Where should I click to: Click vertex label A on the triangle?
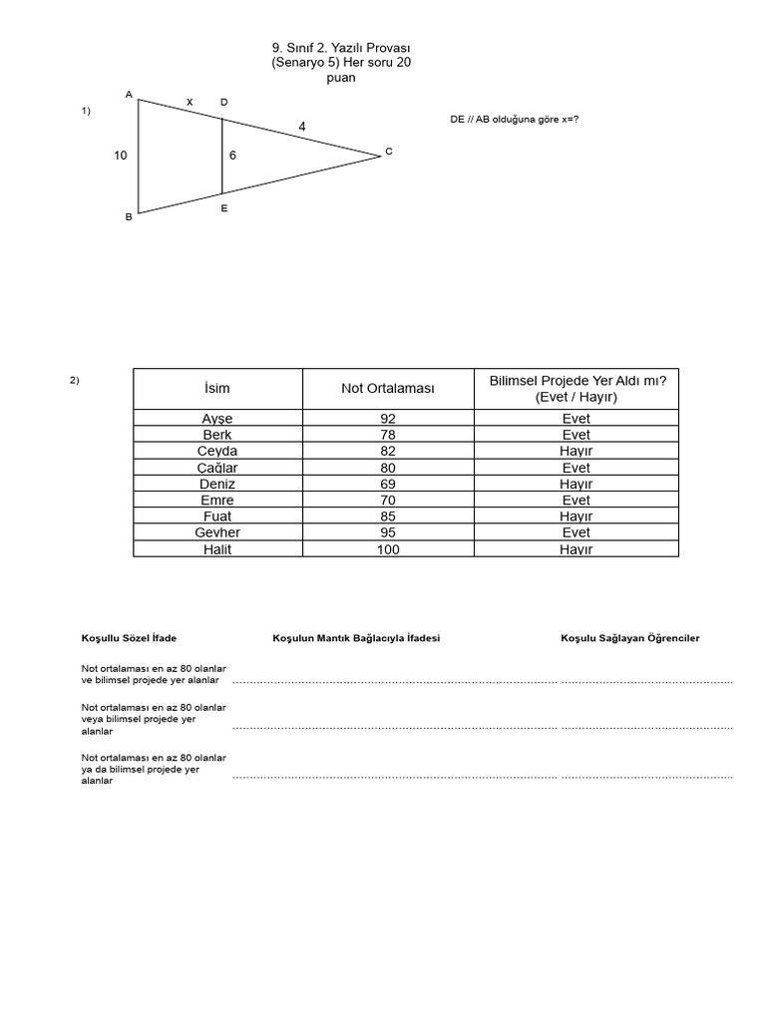point(129,94)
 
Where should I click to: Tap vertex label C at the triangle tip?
point(389,152)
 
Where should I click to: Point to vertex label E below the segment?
point(223,208)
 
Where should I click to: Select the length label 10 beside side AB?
point(121,156)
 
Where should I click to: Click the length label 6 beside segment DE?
point(232,156)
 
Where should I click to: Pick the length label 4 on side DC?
point(302,126)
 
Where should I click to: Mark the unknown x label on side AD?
point(190,102)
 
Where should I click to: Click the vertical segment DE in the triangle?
point(221,156)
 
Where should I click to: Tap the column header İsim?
point(216,388)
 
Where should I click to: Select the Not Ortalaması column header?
point(388,388)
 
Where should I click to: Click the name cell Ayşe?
point(216,419)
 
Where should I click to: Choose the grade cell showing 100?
point(388,549)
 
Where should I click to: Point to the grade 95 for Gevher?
point(388,532)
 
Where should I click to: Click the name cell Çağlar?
point(216,468)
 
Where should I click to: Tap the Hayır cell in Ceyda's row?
point(575,452)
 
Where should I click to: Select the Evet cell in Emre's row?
point(575,501)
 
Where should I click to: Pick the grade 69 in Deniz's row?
point(388,484)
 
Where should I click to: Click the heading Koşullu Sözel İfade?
point(129,638)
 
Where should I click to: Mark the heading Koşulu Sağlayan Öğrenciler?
point(629,638)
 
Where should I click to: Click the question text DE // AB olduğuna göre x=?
point(515,120)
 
